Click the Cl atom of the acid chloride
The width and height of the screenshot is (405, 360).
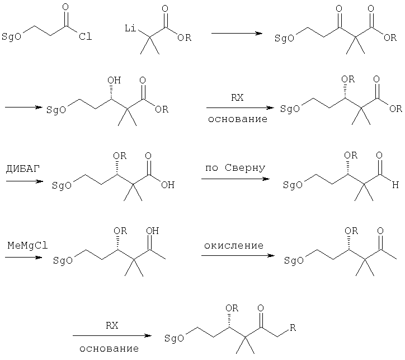pyautogui.click(x=85, y=36)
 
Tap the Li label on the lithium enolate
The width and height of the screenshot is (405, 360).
pyautogui.click(x=130, y=28)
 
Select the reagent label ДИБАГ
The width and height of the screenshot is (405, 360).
pyautogui.click(x=23, y=169)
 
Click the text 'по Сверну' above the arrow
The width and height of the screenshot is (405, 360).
pyautogui.click(x=236, y=168)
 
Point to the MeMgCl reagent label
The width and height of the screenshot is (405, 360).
pyautogui.click(x=27, y=245)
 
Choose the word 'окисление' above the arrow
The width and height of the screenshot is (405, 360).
pyautogui.click(x=234, y=246)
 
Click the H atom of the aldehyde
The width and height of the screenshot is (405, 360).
pyautogui.click(x=395, y=185)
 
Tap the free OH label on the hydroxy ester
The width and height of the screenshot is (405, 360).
pyautogui.click(x=114, y=80)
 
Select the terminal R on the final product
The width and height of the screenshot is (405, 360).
pyautogui.click(x=293, y=328)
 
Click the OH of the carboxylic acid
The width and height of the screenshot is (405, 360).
pyautogui.click(x=168, y=185)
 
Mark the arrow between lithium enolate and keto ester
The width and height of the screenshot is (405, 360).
pyautogui.click(x=237, y=34)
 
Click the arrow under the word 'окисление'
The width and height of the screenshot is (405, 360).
pyautogui.click(x=238, y=256)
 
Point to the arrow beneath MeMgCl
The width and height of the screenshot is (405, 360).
pyautogui.click(x=23, y=257)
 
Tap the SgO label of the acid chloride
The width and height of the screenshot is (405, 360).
pyautogui.click(x=11, y=36)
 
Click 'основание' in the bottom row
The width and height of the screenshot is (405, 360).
pyautogui.click(x=109, y=349)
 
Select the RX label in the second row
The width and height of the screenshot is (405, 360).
pyautogui.click(x=237, y=97)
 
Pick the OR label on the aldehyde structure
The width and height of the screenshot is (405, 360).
pyautogui.click(x=351, y=155)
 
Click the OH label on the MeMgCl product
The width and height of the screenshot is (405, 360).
pyautogui.click(x=152, y=231)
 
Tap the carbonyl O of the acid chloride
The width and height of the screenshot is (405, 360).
pyautogui.click(x=65, y=7)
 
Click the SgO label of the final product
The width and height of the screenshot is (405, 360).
pyautogui.click(x=174, y=338)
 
